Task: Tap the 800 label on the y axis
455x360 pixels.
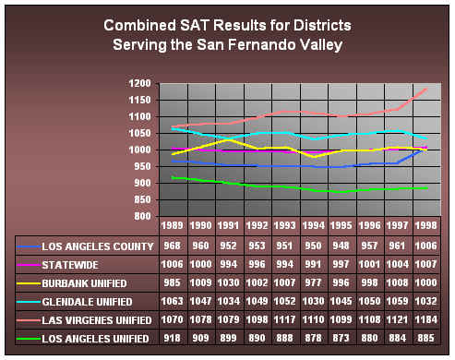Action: point(139,216)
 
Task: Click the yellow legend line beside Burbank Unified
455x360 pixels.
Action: point(29,283)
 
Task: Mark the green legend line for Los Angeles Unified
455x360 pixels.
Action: point(29,339)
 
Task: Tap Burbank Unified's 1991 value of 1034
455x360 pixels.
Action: point(227,283)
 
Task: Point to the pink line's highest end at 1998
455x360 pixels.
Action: point(426,90)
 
